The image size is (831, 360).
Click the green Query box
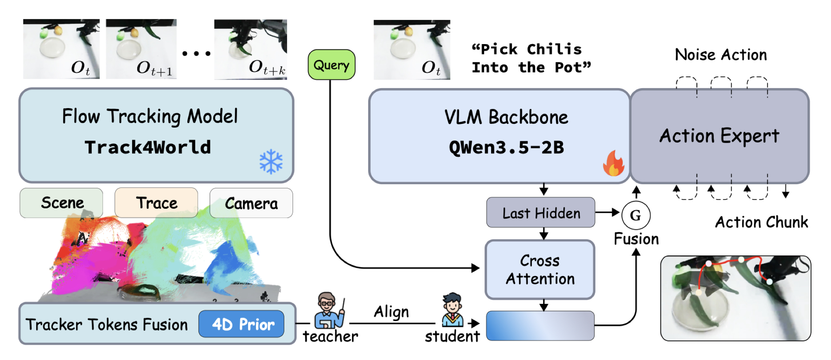(x=331, y=65)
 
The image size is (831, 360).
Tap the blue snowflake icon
(x=271, y=161)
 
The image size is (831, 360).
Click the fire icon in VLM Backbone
(x=614, y=163)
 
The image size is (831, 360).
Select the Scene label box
(x=61, y=203)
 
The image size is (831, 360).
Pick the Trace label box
(x=156, y=203)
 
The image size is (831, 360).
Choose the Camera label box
(x=251, y=203)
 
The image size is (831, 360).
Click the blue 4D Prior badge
(x=241, y=324)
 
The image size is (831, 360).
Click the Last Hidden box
(x=541, y=212)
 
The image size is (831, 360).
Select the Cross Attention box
(x=540, y=269)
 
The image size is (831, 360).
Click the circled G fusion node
(x=636, y=215)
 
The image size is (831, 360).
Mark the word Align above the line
(x=391, y=312)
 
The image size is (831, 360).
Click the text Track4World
(x=148, y=147)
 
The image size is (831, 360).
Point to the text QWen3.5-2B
(x=506, y=147)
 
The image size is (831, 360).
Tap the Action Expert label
(x=719, y=136)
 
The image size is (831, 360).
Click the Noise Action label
(x=721, y=55)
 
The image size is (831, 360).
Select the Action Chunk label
(x=762, y=222)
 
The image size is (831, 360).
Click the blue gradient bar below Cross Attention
(x=540, y=325)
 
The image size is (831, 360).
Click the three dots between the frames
(x=197, y=53)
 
